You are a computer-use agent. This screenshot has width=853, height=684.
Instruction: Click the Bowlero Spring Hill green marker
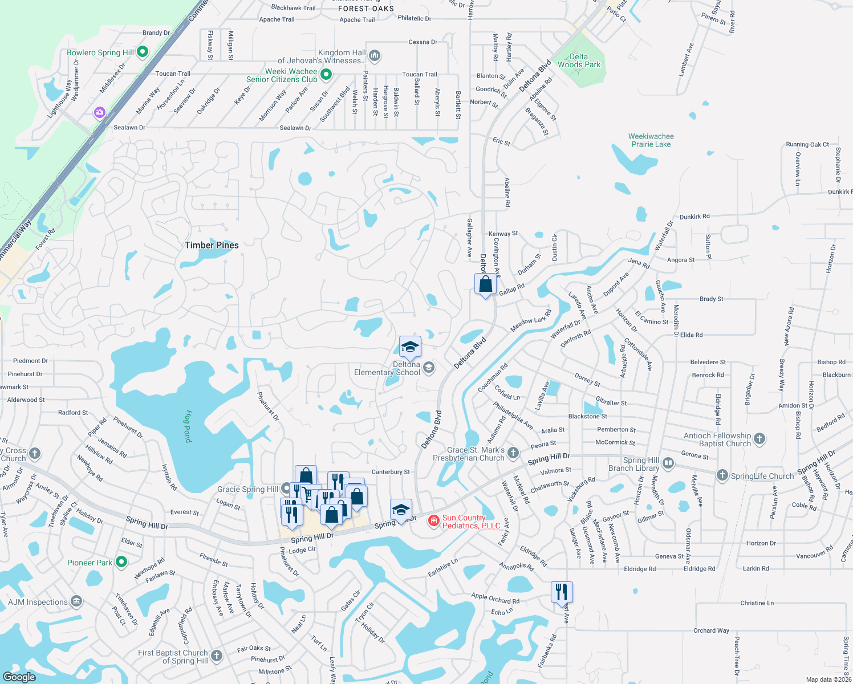tap(143, 52)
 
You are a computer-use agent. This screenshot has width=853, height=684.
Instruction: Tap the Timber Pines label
tap(212, 245)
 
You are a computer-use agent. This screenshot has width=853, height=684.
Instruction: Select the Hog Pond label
tap(188, 426)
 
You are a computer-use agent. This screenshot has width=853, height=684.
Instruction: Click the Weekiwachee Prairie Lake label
tap(651, 140)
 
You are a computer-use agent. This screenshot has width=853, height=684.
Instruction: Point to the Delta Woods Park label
tap(579, 60)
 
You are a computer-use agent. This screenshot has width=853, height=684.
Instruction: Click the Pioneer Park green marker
tap(121, 563)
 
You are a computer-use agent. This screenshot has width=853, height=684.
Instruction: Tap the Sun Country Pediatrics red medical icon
tap(434, 521)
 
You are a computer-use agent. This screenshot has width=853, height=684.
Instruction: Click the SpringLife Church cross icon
tap(722, 475)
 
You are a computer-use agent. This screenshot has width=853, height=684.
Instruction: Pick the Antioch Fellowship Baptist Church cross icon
tap(759, 439)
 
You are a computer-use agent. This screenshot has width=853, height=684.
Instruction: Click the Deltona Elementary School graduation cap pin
tap(410, 347)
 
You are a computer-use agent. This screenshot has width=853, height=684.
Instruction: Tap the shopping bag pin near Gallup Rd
tap(485, 284)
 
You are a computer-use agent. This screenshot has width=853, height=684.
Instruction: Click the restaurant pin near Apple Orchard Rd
tap(562, 592)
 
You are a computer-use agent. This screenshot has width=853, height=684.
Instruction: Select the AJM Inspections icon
tap(76, 601)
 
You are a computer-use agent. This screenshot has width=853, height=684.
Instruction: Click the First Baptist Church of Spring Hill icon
tap(217, 656)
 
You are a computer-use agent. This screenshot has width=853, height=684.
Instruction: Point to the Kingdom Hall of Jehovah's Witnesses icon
tap(375, 55)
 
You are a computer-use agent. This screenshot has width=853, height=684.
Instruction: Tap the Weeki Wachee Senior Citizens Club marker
tap(326, 74)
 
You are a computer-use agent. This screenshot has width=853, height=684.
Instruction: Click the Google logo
tap(19, 677)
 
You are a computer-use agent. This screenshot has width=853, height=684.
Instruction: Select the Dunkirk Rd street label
tap(694, 217)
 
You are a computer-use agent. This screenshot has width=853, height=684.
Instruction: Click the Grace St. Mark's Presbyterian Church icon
tap(513, 453)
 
